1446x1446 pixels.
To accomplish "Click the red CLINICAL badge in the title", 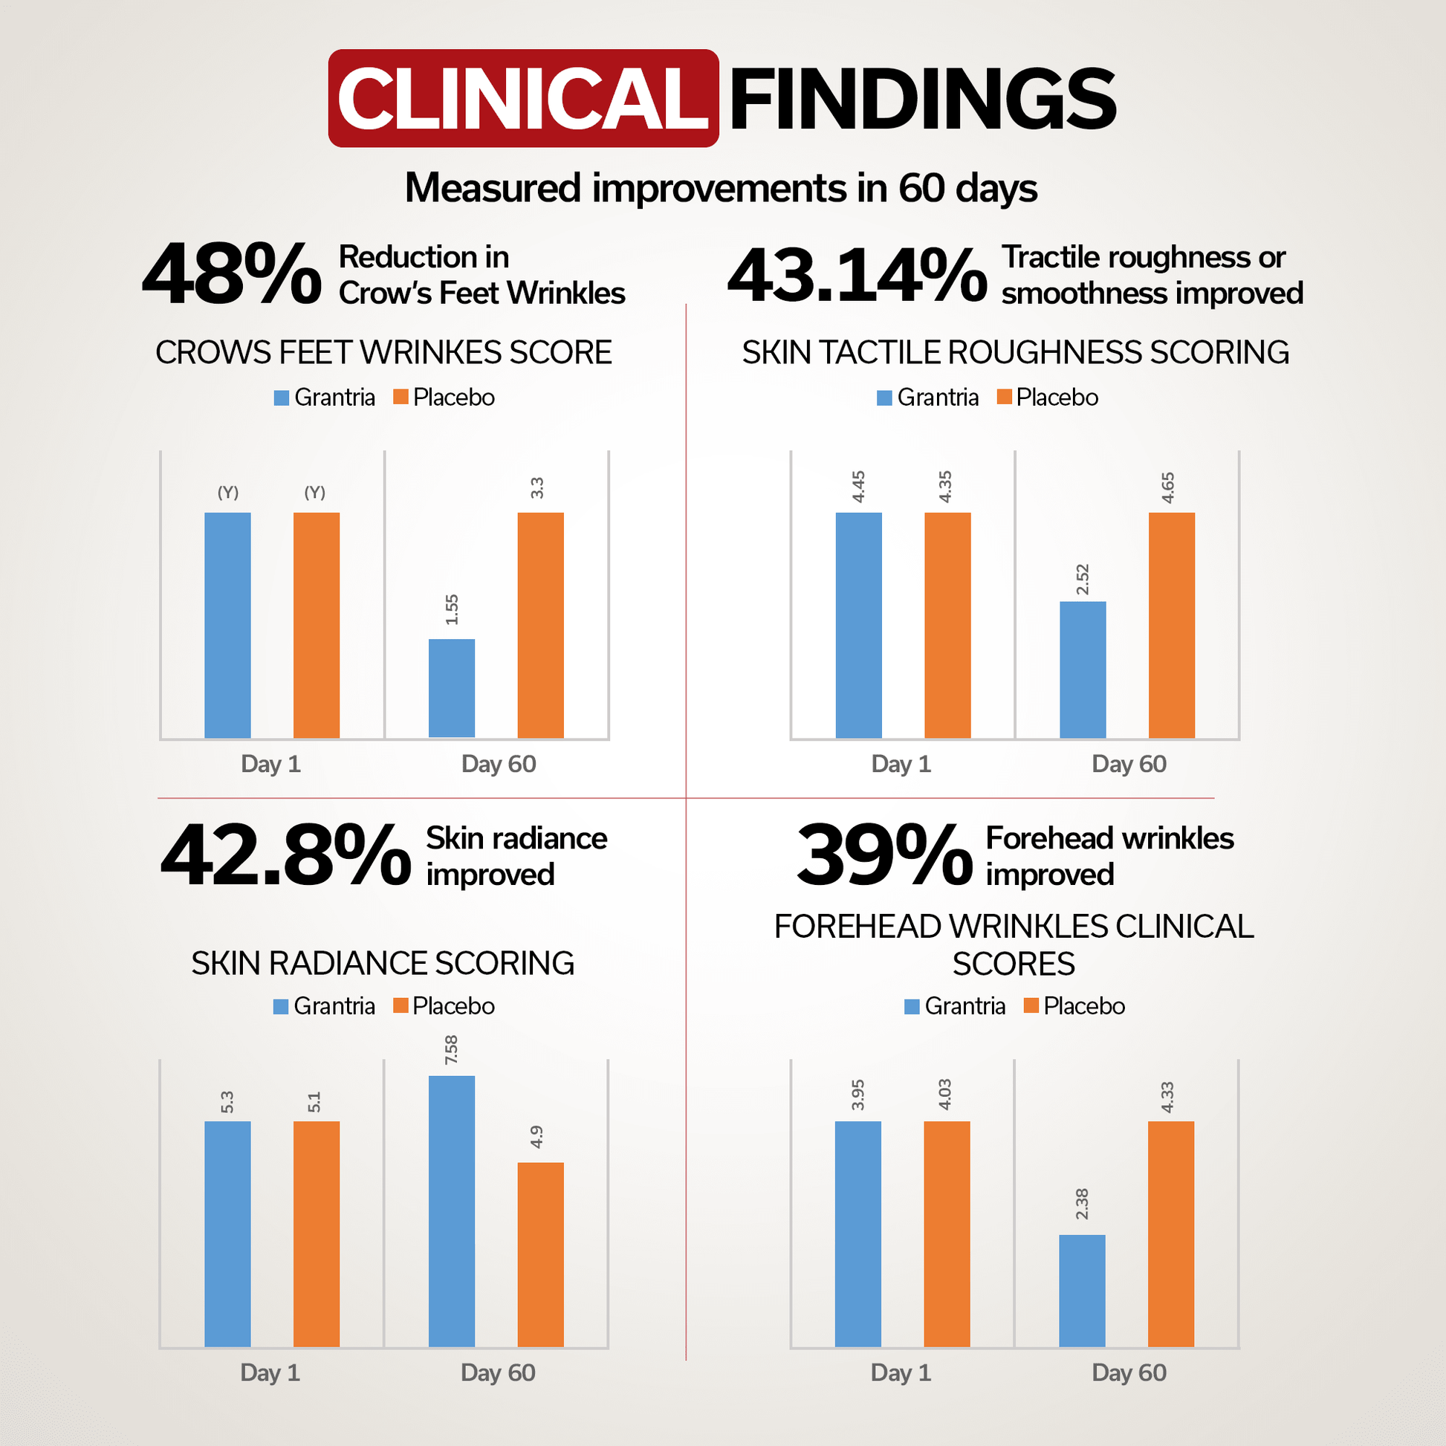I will [523, 98].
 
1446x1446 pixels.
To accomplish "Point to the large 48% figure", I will [232, 275].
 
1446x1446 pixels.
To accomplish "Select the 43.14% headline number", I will [857, 275].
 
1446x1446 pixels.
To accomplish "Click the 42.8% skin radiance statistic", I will [285, 855].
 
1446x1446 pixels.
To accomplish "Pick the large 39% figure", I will [884, 855].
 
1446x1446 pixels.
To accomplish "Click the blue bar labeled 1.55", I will [451, 688].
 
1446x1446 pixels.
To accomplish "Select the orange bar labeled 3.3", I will [540, 625].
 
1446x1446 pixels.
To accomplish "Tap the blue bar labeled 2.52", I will [1082, 669].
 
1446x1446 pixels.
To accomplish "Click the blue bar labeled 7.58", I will [451, 1210].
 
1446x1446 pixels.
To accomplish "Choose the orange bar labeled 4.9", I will [540, 1254].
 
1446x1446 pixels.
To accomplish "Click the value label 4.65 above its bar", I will [1167, 487].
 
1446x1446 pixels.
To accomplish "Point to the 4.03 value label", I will [945, 1095].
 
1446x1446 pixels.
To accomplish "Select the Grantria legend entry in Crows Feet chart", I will [325, 398].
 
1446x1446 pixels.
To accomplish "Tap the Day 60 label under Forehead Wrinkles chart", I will [1129, 1372].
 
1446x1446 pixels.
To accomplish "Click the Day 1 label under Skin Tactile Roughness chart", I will [901, 764].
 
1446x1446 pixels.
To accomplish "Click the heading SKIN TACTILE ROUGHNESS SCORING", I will [1015, 352].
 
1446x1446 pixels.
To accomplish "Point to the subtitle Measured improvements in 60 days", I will [721, 188].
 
